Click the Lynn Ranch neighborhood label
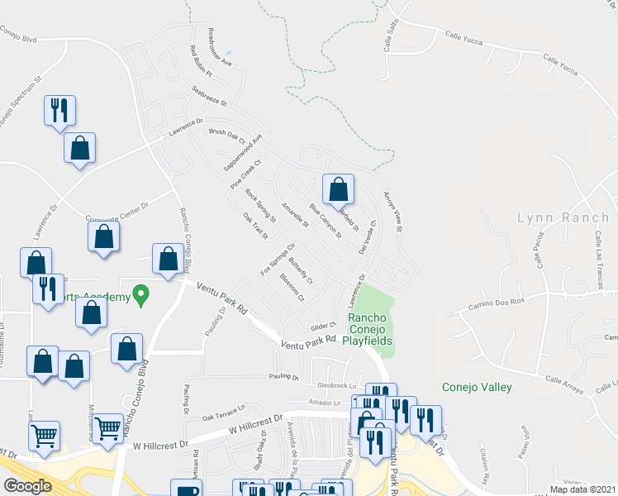(x=563, y=217)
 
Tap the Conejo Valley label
(x=477, y=387)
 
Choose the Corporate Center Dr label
(x=116, y=212)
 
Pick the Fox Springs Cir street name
(x=278, y=259)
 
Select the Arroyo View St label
(x=392, y=212)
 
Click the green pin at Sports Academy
(x=140, y=293)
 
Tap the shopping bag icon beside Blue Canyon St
(x=338, y=190)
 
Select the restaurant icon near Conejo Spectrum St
(x=59, y=111)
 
